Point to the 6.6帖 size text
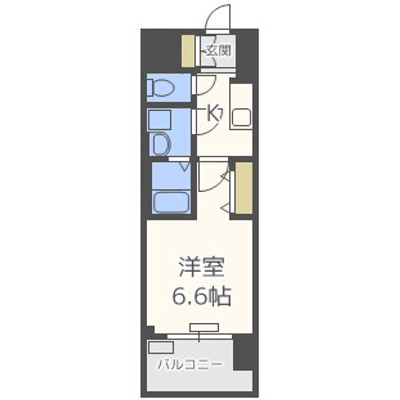(201, 297)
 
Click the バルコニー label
(189, 364)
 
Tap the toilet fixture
(161, 88)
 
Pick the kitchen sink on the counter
(241, 117)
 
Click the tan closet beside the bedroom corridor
(244, 188)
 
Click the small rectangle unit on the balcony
(161, 348)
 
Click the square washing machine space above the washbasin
(159, 119)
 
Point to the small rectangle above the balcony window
(204, 326)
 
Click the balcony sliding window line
(200, 334)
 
